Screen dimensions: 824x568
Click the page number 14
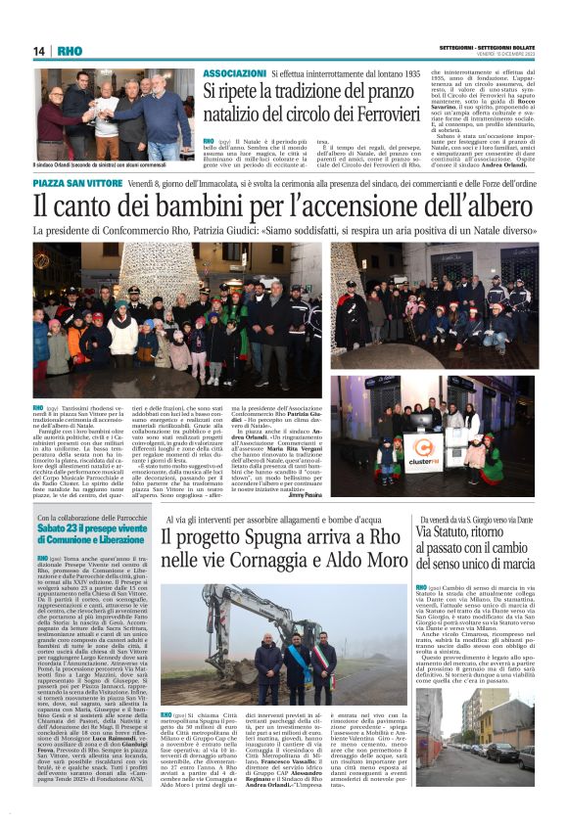pyautogui.click(x=40, y=51)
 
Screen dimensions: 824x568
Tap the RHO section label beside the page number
pyautogui.click(x=71, y=51)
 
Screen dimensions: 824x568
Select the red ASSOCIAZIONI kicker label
pyautogui.click(x=234, y=73)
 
